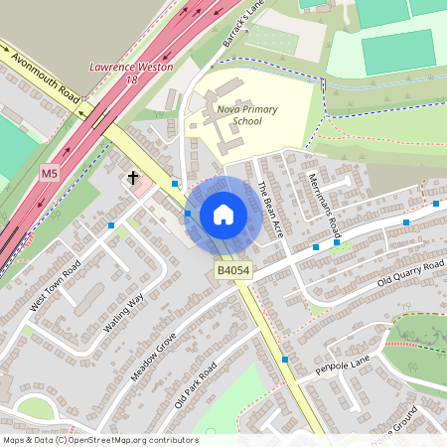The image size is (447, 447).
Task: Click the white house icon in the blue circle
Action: pos(223,214)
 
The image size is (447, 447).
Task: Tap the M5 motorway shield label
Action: pos(50,174)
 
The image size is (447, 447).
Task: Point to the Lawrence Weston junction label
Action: pos(131,67)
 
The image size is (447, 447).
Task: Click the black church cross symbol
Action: pos(132,178)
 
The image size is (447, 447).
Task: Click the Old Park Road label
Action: pos(196,385)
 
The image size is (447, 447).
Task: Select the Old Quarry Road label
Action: pos(409,275)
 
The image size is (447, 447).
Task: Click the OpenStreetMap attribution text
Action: pos(99,440)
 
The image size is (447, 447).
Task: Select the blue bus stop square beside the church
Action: pos(175,183)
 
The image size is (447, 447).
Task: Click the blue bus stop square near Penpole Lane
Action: pos(285,359)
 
